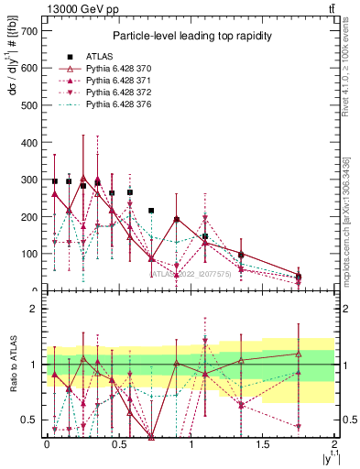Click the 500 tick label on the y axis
pos(29,104)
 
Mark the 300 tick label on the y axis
pos(29,180)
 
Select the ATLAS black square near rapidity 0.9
pos(176,220)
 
